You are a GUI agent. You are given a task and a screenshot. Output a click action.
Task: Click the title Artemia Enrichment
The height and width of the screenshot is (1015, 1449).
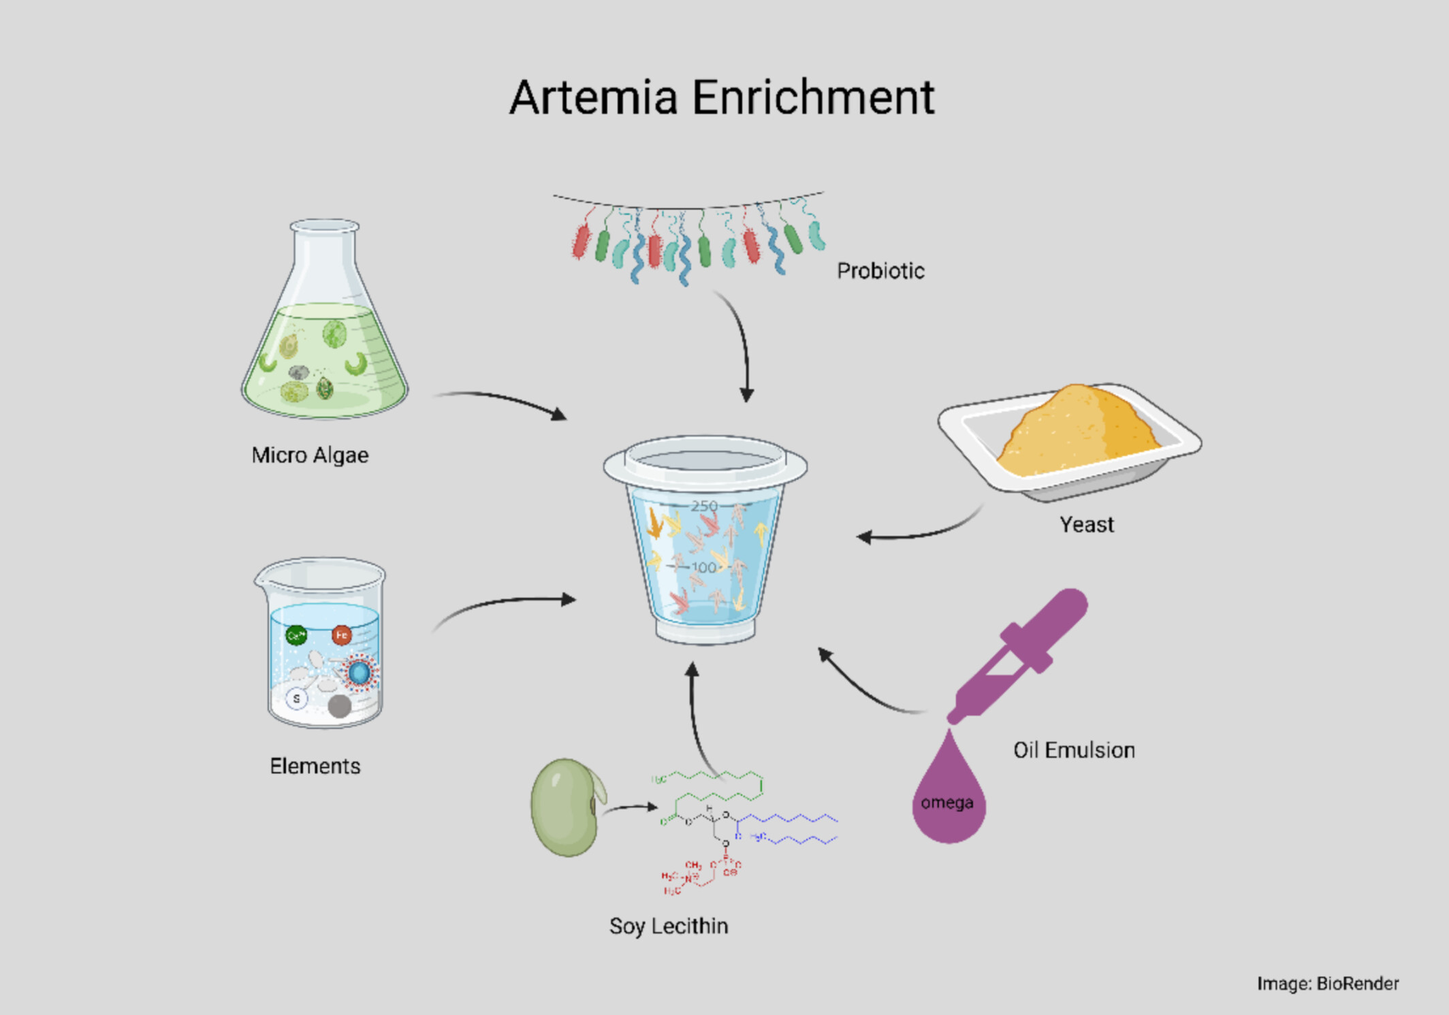coord(722,97)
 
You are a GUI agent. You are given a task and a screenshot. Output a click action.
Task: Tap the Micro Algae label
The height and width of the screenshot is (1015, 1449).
coord(310,455)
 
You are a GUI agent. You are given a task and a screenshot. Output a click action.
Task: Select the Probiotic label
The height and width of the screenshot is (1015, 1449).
coord(880,271)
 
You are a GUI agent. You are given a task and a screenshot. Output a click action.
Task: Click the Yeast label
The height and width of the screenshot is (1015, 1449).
coord(1086,524)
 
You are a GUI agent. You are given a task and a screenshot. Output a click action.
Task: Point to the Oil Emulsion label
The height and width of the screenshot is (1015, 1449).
coord(1074,750)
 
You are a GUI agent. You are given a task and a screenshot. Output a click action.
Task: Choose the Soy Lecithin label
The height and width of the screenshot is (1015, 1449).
coord(669,926)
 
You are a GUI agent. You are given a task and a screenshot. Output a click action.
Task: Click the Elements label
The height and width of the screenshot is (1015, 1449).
coord(315,766)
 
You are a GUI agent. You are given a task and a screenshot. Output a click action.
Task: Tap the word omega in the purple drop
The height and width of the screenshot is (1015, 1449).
coord(946,803)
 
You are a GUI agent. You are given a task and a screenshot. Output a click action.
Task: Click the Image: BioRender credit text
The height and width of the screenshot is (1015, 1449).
coord(1327,984)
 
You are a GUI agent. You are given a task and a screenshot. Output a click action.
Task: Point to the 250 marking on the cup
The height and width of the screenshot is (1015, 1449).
coord(704,506)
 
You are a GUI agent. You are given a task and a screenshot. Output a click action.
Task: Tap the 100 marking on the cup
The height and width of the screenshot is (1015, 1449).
coord(703,567)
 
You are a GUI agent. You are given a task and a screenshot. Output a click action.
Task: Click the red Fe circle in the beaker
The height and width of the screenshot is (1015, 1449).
coord(341,635)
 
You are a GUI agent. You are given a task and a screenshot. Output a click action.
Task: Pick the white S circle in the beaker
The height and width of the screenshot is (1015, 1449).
coord(296,698)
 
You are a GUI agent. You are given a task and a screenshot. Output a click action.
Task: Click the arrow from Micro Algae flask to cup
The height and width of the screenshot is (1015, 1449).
coord(504,402)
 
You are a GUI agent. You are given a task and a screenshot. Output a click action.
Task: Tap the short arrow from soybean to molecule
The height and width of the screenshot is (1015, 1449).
coord(630,808)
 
